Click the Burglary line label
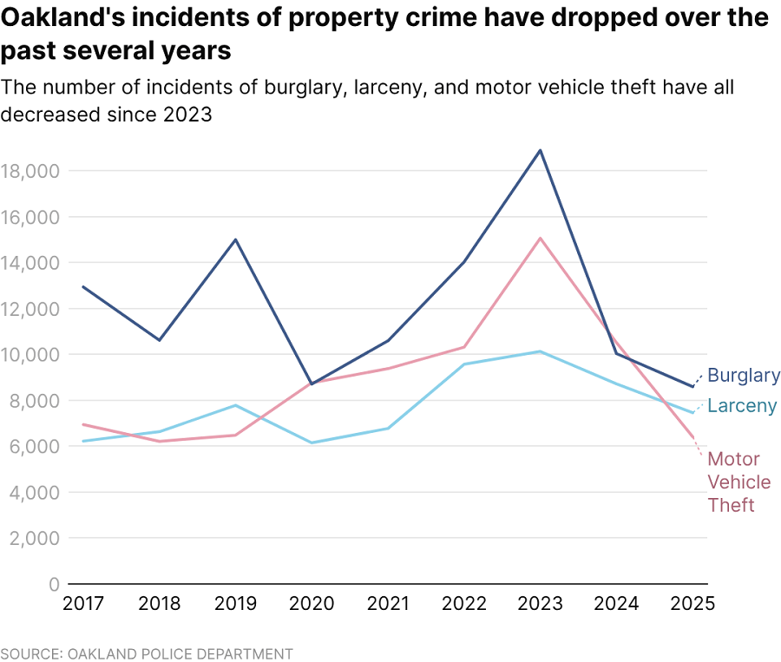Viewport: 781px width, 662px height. [744, 376]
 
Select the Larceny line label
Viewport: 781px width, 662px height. [742, 406]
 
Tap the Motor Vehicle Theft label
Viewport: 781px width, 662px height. [733, 482]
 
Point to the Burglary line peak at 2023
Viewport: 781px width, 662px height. [541, 150]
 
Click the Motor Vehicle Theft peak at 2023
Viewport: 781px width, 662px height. [541, 238]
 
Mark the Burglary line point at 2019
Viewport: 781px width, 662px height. [235, 239]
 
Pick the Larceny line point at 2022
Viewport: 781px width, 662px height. [464, 364]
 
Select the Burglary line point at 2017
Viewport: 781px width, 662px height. [82, 286]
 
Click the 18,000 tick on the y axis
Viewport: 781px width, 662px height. [30, 171]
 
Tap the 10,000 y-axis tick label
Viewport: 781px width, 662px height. [30, 355]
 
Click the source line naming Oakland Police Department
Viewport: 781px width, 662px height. [147, 653]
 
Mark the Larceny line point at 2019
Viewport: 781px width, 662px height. [235, 405]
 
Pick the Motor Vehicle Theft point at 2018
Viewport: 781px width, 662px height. [159, 442]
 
